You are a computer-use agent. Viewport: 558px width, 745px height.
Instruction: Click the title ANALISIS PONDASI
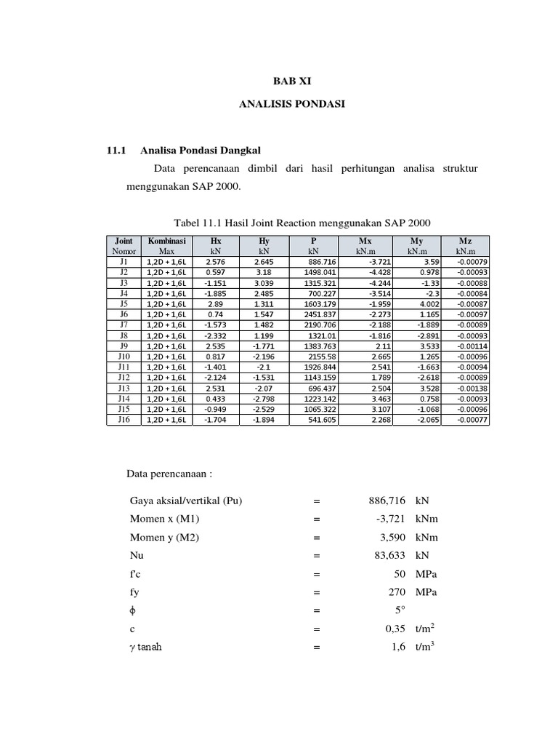click(292, 105)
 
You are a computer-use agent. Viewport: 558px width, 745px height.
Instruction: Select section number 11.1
click(117, 151)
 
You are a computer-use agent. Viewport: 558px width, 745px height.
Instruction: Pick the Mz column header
click(465, 240)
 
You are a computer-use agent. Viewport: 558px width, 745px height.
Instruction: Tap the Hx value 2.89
click(215, 303)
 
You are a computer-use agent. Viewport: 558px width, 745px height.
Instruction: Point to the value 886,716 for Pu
click(385, 501)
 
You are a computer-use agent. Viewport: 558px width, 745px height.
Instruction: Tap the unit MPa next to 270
click(427, 591)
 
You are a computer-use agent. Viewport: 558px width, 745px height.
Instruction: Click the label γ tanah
click(146, 647)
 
